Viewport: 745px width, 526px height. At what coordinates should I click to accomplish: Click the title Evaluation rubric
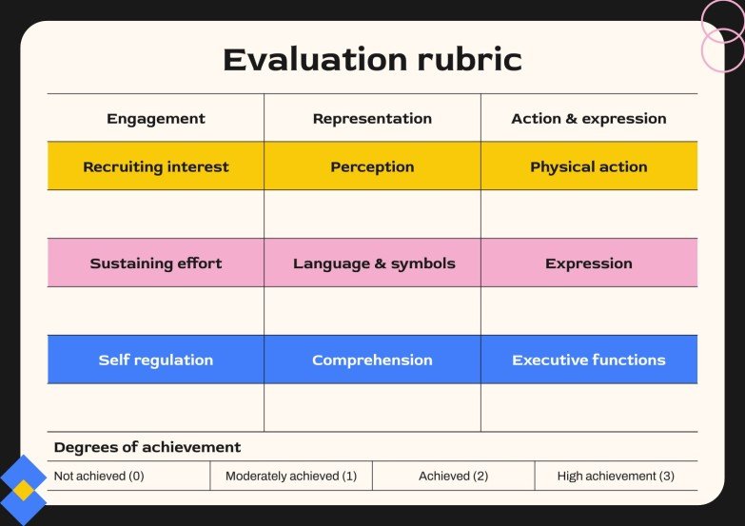372,60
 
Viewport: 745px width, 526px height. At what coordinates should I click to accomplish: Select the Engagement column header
156,119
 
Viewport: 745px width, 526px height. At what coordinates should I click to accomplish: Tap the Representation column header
372,119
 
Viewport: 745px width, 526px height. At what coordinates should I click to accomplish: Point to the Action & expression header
589,119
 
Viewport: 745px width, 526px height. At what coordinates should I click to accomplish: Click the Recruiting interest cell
156,166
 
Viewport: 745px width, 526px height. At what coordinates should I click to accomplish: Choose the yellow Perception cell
372,166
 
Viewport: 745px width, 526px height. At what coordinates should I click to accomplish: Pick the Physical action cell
589,166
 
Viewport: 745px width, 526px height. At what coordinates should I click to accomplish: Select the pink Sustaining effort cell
156,263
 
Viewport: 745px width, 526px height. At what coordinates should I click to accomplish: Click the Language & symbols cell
372,263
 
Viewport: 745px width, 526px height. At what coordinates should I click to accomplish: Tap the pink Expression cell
589,263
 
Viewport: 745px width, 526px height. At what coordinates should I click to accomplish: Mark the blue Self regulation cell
156,360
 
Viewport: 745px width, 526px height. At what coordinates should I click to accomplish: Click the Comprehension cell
372,360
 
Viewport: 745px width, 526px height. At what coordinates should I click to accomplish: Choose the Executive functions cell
589,360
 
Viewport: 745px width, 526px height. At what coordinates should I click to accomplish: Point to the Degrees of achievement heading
147,447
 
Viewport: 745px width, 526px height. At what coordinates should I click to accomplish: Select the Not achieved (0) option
99,476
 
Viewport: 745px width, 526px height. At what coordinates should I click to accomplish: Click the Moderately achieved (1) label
291,476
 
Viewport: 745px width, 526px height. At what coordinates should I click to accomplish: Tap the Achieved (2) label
454,476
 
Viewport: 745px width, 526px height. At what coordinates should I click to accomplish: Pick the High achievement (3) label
616,476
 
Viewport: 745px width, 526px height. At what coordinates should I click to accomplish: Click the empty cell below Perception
372,214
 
